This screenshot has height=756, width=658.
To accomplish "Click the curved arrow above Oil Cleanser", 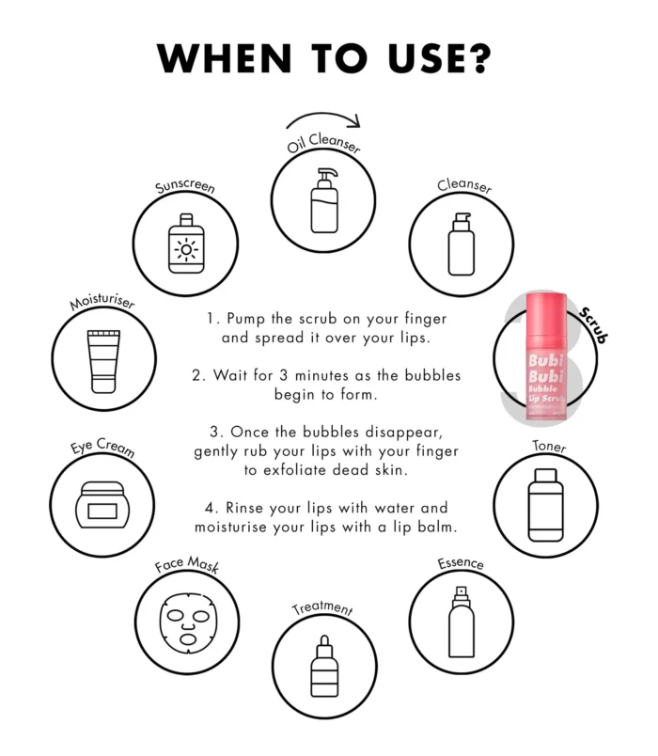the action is [x=323, y=114].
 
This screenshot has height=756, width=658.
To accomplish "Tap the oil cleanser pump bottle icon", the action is [x=324, y=200].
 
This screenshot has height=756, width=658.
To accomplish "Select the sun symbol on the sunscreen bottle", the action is [x=186, y=250].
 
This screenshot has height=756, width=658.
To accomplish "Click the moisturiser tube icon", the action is [x=103, y=361].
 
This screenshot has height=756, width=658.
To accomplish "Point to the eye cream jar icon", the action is [x=102, y=505].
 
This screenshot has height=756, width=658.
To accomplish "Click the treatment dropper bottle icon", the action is [x=324, y=666].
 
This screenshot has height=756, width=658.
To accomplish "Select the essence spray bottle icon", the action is [x=462, y=622].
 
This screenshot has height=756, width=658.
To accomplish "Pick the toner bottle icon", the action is [x=546, y=505].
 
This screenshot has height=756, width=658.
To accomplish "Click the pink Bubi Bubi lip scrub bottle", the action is [x=546, y=355].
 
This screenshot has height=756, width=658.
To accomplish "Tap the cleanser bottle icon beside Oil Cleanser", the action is [x=462, y=244].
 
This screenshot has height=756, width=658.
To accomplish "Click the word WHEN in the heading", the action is [x=225, y=58].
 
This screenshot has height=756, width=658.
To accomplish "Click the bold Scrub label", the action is [x=593, y=325].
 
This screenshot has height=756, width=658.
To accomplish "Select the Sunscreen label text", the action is [x=185, y=186].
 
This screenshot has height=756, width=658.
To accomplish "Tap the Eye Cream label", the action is [x=102, y=447].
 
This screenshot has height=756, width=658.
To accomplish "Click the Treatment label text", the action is [x=322, y=608].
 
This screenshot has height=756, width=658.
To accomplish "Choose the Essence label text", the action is [x=461, y=563].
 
